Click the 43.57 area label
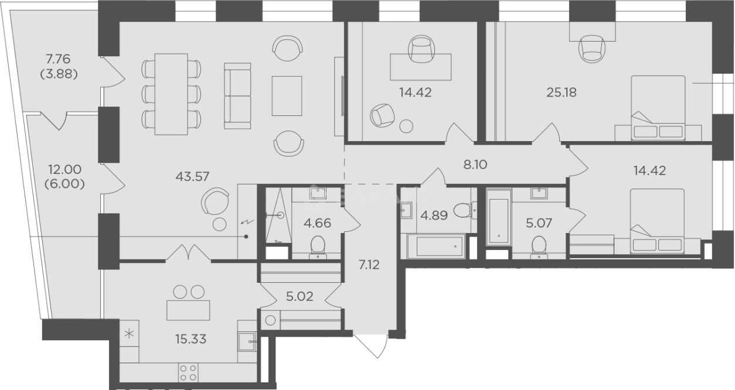pyautogui.click(x=192, y=177)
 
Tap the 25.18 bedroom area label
pyautogui.click(x=562, y=93)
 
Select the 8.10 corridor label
pyautogui.click(x=475, y=165)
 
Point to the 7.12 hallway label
pyautogui.click(x=369, y=265)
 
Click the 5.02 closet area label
pyautogui.click(x=300, y=296)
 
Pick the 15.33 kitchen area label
pyautogui.click(x=190, y=339)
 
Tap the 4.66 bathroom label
pyautogui.click(x=317, y=223)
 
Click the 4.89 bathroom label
pyautogui.click(x=434, y=215)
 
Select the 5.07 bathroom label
pyautogui.click(x=539, y=223)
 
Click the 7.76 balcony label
pyautogui.click(x=58, y=59)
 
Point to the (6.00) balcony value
pyautogui.click(x=64, y=184)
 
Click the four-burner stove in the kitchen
pyautogui.click(x=188, y=373)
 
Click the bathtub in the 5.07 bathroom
pyautogui.click(x=498, y=217)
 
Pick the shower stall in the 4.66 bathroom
pyautogui.click(x=278, y=215)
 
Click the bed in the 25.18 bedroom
pyautogui.click(x=658, y=108)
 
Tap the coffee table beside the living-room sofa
pyautogui.click(x=287, y=96)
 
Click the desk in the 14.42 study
pyautogui.click(x=420, y=67)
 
